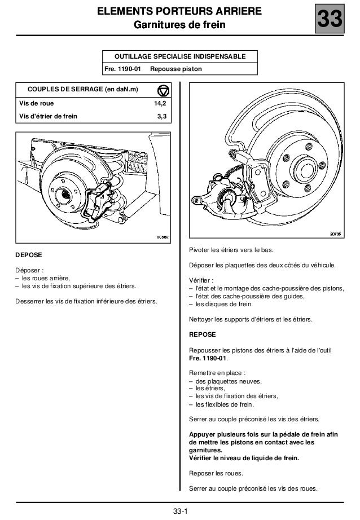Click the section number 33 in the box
coord(328,21)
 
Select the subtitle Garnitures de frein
coord(179,25)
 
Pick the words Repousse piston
coord(179,69)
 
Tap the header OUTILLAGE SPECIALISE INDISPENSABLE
coord(179,57)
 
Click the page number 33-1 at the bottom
coord(179,512)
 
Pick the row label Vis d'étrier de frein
coord(49,116)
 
